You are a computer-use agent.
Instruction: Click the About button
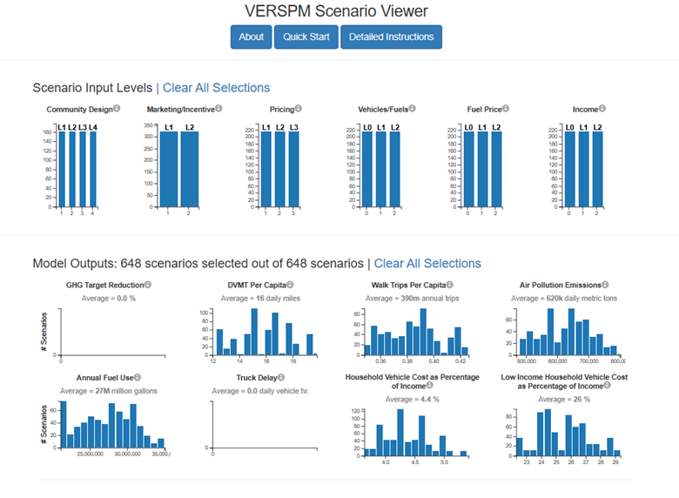coord(251,37)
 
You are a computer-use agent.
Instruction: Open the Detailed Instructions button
coord(391,37)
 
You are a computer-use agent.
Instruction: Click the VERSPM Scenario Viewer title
coord(338,11)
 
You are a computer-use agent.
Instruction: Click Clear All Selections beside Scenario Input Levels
coord(216,87)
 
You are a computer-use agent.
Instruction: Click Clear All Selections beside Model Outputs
coord(427,263)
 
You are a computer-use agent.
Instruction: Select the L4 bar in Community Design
coord(93,170)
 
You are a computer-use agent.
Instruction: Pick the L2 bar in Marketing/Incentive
coord(189,170)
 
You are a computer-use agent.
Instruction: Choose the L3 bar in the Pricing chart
coord(293,170)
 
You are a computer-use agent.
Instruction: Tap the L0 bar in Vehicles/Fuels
coord(367,170)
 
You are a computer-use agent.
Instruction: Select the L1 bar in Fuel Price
coord(482,170)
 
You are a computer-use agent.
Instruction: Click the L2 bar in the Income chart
coord(597,170)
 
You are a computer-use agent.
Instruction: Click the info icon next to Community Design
coord(117,109)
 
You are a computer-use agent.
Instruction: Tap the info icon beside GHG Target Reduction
coord(148,285)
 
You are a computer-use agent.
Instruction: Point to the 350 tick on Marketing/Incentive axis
coord(149,126)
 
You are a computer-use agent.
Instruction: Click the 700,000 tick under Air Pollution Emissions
coord(590,360)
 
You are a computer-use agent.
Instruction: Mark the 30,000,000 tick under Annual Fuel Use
coord(128,454)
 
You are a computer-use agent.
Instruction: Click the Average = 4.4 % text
coord(413,399)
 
